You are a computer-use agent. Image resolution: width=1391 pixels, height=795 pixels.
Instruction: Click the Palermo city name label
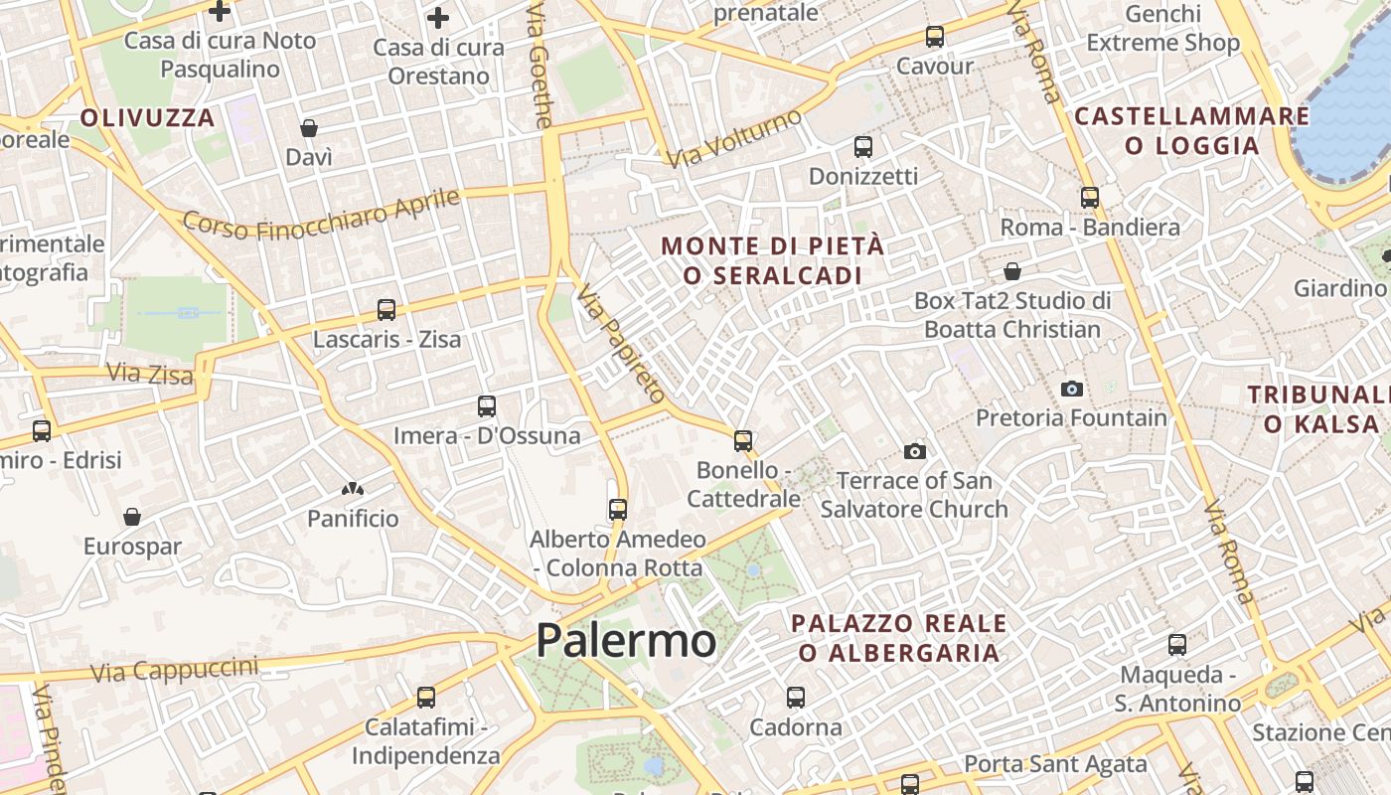626,641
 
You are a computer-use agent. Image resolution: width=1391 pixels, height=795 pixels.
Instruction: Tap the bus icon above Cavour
935,37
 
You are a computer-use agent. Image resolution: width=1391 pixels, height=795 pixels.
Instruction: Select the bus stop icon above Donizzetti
863,147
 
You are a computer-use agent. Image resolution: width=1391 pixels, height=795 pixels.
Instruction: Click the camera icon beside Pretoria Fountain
1071,389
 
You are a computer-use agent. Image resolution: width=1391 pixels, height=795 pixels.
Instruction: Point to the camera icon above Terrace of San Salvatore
915,452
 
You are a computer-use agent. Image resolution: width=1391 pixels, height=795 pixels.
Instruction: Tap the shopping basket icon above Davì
309,128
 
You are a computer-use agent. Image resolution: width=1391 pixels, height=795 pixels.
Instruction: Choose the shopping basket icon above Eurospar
132,517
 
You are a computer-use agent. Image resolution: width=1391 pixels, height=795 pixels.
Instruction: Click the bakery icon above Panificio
352,489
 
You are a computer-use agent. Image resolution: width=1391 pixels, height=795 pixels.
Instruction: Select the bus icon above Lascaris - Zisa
386,310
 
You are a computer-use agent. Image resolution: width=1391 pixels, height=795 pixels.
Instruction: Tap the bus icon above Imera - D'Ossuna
487,406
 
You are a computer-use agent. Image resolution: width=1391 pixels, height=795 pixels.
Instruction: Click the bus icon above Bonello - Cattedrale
743,440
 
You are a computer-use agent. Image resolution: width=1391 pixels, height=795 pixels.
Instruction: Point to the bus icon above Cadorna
796,698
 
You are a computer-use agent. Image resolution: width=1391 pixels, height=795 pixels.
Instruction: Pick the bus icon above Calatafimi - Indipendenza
426,698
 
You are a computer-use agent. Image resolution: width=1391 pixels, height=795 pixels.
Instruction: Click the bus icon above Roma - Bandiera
1090,198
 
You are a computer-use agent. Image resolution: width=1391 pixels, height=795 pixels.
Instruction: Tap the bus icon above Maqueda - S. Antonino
1177,645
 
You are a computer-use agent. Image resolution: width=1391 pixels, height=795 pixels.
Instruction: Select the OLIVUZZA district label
147,118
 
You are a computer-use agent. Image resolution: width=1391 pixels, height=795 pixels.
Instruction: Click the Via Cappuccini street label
174,670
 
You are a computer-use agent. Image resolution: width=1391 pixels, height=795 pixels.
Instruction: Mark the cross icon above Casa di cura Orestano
438,18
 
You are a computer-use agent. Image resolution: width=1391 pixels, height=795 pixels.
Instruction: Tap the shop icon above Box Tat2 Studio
1012,271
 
